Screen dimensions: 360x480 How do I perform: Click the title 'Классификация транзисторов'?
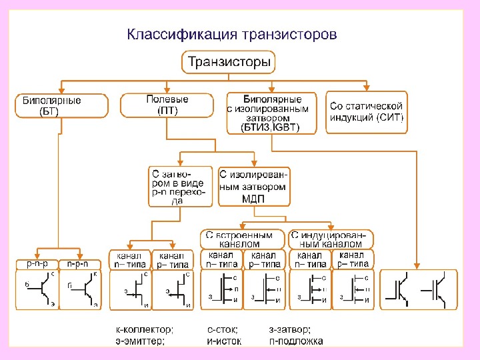pyautogui.click(x=233, y=33)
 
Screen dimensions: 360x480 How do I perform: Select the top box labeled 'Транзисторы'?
pyautogui.click(x=229, y=63)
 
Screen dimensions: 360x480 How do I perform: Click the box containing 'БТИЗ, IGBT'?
pyautogui.click(x=271, y=113)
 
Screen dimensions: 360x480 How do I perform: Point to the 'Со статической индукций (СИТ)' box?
pyautogui.click(x=367, y=111)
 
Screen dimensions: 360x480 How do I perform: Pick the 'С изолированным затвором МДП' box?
pyautogui.click(x=254, y=186)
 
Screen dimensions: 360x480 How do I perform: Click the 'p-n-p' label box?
pyautogui.click(x=36, y=264)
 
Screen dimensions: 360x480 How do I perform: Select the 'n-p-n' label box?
pyautogui.click(x=81, y=264)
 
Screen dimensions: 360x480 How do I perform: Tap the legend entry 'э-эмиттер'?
pyautogui.click(x=139, y=341)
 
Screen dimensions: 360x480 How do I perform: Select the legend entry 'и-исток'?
pyautogui.click(x=225, y=341)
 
